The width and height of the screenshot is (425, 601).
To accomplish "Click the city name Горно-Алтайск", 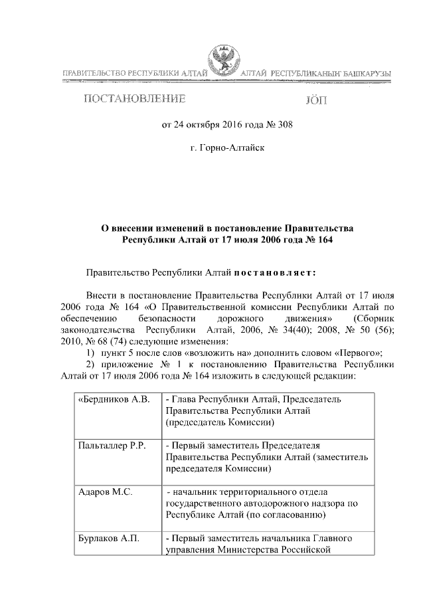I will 227,147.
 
